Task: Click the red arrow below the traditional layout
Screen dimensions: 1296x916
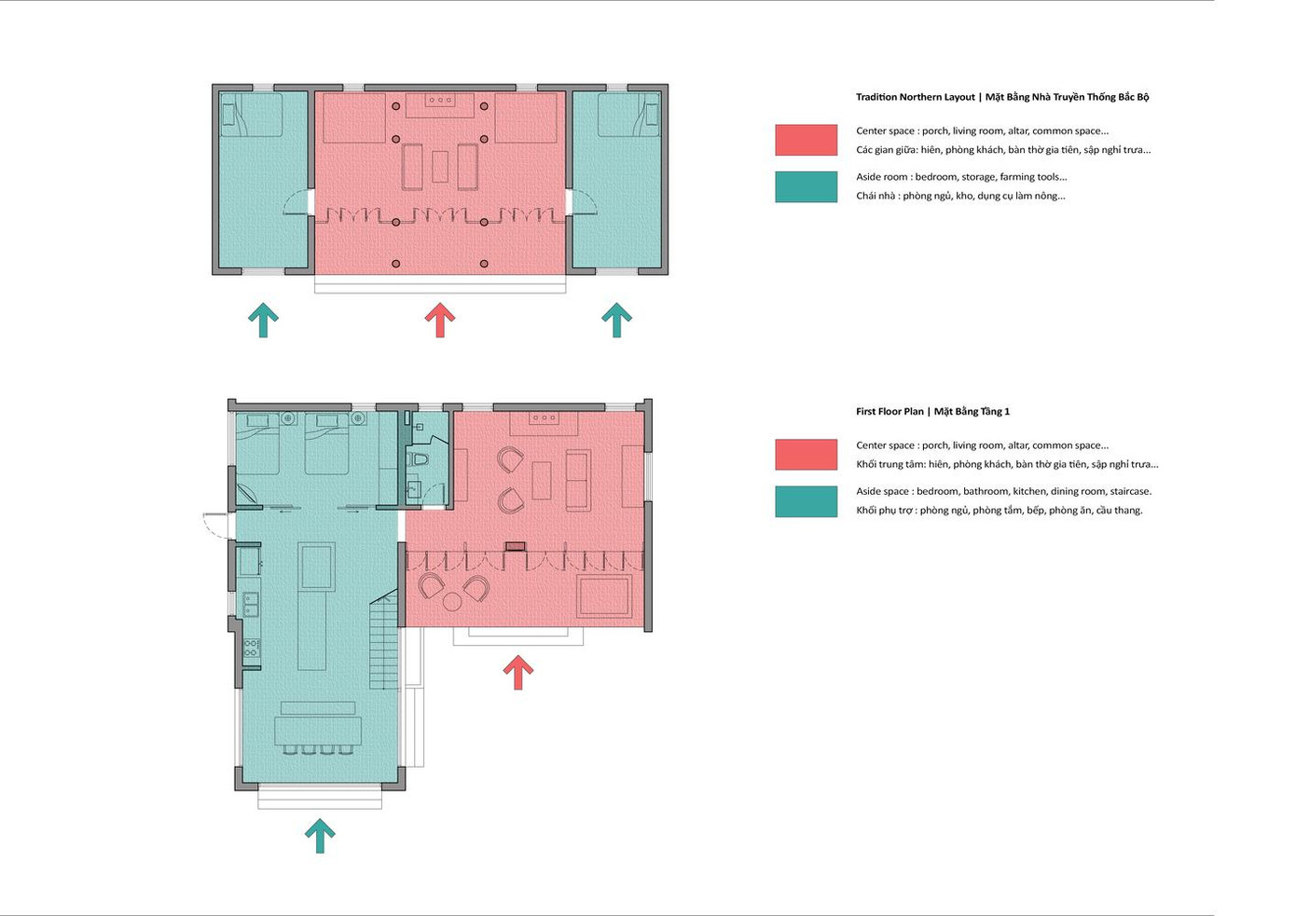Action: pyautogui.click(x=440, y=320)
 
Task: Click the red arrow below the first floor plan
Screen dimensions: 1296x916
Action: pyautogui.click(x=517, y=672)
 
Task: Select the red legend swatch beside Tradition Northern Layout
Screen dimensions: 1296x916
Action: pyautogui.click(x=806, y=140)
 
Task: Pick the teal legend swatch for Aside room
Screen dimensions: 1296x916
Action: pyautogui.click(x=806, y=186)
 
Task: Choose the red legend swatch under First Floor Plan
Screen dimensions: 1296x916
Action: pyautogui.click(x=806, y=455)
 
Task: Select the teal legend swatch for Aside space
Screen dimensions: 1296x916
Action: pyautogui.click(x=806, y=501)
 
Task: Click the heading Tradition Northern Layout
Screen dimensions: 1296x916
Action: pyautogui.click(x=916, y=97)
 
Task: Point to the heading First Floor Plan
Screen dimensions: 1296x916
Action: pyautogui.click(x=889, y=412)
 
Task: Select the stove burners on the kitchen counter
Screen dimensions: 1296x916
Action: pyautogui.click(x=251, y=648)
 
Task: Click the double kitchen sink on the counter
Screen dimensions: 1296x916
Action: pyautogui.click(x=251, y=605)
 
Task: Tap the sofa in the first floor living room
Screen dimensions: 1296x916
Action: pyautogui.click(x=579, y=480)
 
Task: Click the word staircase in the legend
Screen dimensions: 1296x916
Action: pyautogui.click(x=1130, y=491)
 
